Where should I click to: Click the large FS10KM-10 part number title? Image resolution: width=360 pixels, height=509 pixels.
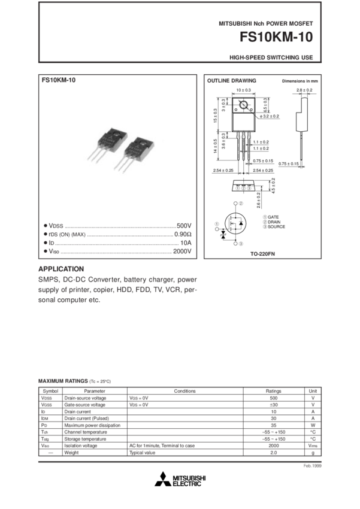[276, 37]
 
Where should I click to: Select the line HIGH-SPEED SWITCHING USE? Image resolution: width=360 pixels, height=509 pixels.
[271, 58]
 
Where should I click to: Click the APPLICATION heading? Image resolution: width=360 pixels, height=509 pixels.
[60, 269]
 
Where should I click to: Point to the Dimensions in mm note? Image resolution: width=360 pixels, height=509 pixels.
[300, 80]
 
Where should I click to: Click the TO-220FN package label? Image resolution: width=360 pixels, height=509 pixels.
[262, 254]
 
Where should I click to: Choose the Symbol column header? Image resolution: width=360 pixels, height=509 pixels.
[46, 390]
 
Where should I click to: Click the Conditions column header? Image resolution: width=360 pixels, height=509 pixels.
[184, 390]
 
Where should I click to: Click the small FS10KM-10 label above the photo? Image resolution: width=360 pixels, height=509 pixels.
[58, 80]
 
